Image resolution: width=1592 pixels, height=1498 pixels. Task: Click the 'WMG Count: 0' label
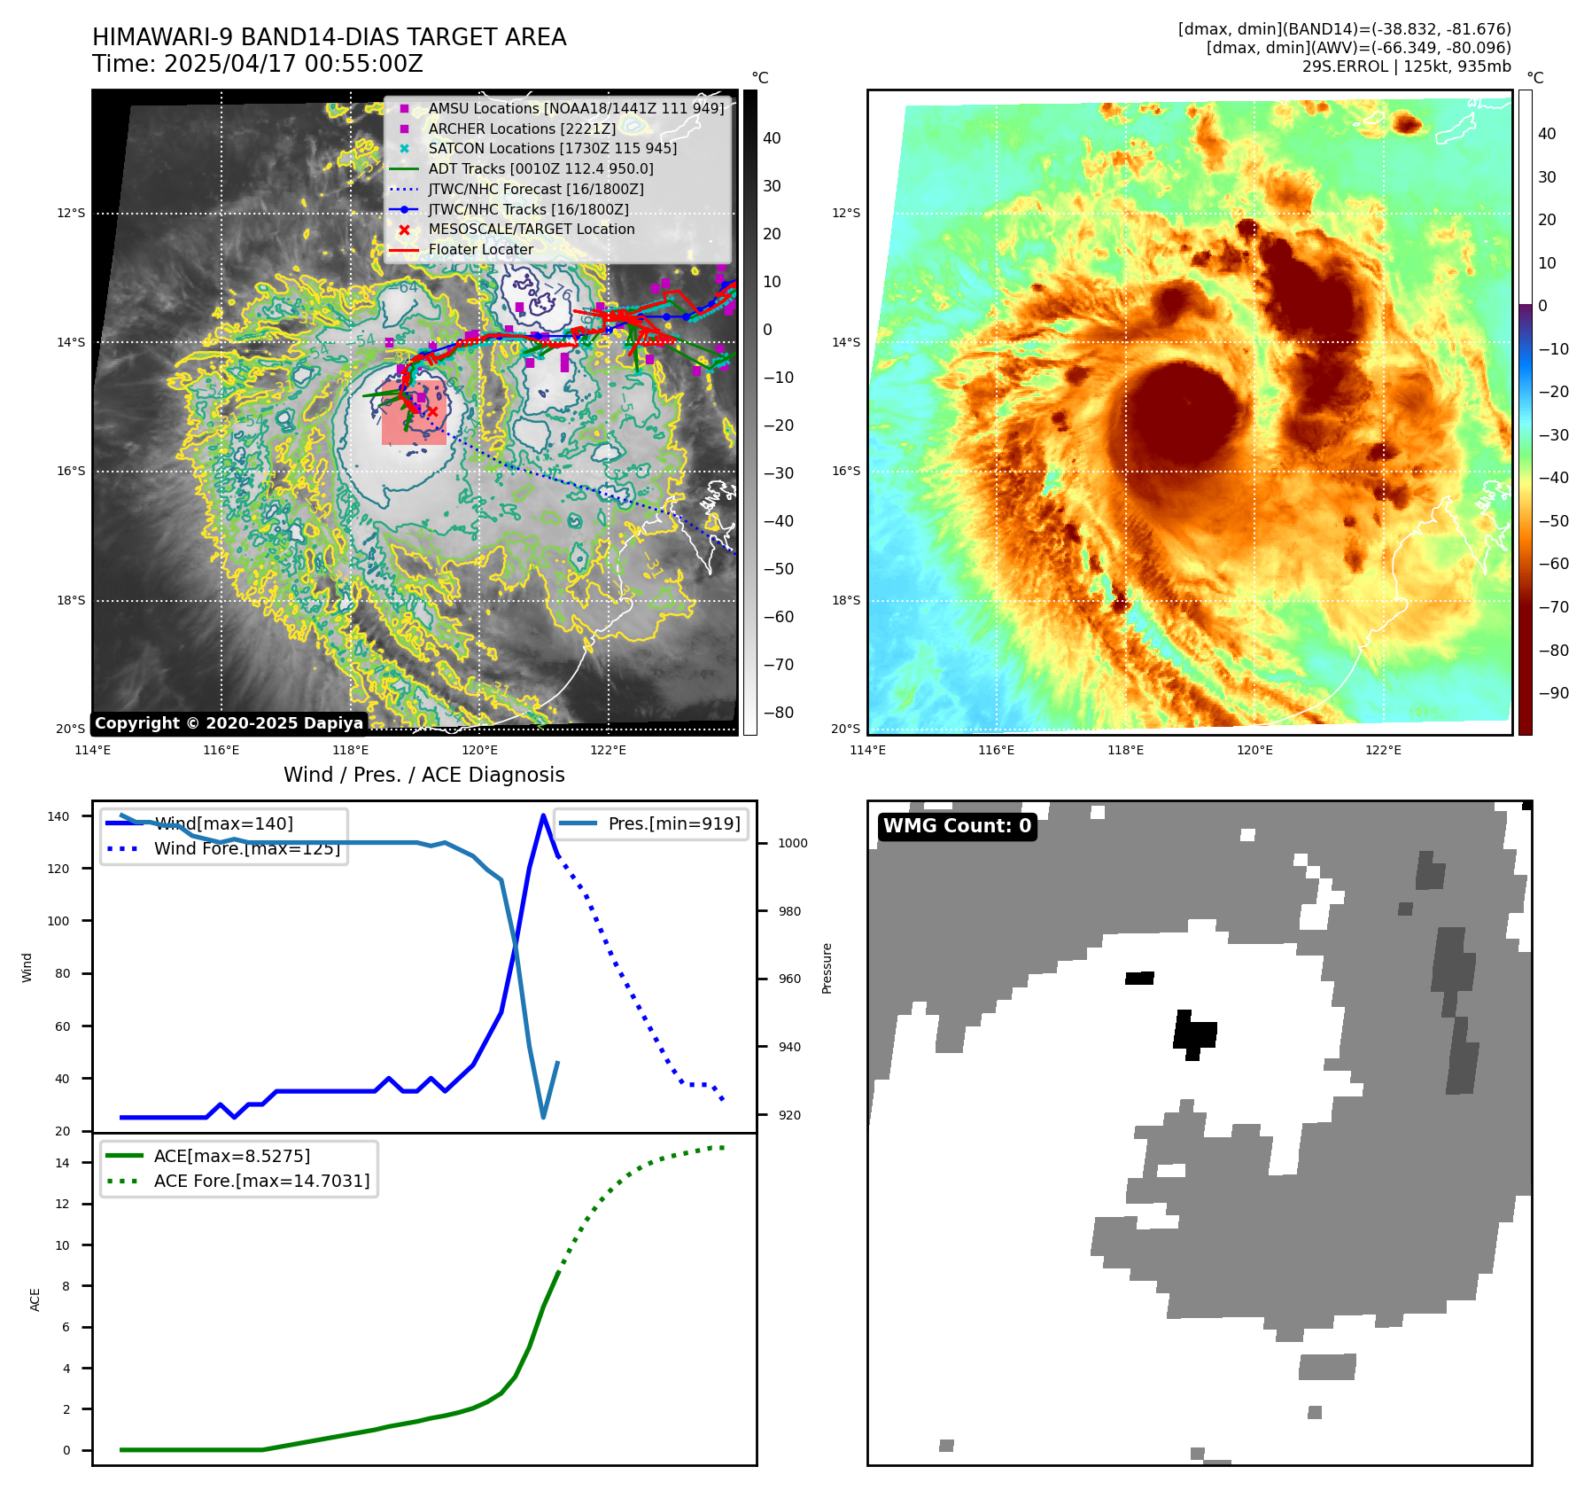click(957, 826)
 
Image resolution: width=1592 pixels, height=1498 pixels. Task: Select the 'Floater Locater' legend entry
click(480, 250)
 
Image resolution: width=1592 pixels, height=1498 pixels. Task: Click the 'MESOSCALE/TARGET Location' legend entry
click(531, 230)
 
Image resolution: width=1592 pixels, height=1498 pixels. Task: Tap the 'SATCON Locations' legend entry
click(552, 149)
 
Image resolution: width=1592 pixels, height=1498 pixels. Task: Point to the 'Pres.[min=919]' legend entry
click(673, 823)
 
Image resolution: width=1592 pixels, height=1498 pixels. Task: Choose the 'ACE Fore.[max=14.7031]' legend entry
click(261, 1181)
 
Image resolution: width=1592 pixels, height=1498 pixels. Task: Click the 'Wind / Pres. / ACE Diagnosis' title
click(423, 775)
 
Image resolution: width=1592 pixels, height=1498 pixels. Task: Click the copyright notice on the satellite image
click(229, 723)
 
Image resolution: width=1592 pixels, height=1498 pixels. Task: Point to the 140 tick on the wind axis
click(58, 816)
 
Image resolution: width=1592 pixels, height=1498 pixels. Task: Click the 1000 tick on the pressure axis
click(792, 843)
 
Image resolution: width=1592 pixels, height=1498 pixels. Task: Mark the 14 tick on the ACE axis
click(63, 1163)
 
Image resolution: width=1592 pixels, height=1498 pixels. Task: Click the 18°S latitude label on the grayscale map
click(71, 601)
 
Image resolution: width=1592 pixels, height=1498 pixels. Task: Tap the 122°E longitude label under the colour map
click(1383, 751)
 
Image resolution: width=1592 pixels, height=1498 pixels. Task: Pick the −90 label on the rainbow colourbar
click(1553, 693)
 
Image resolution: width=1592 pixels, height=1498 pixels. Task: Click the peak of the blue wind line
click(543, 815)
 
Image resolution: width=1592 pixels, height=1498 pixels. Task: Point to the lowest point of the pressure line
click(543, 1117)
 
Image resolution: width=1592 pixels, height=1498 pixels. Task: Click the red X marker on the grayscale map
click(432, 412)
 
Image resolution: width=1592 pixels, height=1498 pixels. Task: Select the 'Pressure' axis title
click(827, 968)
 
